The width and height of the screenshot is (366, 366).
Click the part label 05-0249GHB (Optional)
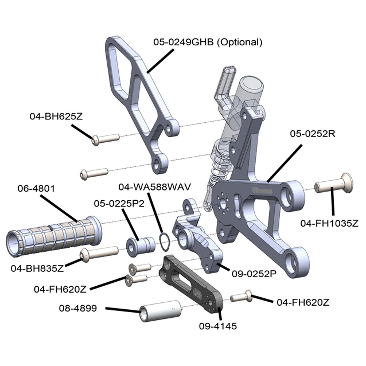click(x=208, y=42)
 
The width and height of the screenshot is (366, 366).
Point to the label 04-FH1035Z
click(x=330, y=224)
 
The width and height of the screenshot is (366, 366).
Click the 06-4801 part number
click(x=36, y=189)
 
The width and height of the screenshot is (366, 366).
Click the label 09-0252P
click(x=254, y=274)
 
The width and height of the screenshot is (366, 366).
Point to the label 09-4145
click(x=218, y=326)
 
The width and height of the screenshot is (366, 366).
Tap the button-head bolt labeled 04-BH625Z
click(x=106, y=139)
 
